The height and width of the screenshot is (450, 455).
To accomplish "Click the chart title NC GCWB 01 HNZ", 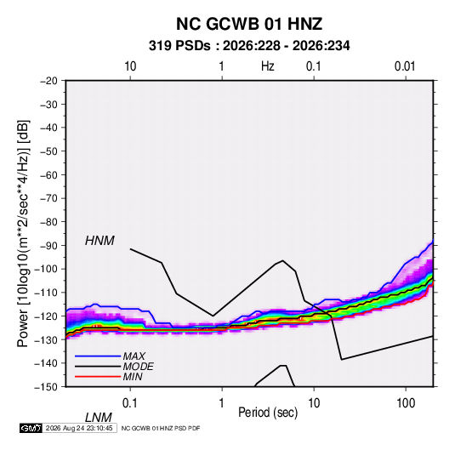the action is [249, 24].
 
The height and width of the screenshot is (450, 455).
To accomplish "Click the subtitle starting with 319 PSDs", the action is [249, 46].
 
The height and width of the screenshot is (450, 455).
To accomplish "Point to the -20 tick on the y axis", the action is [48, 81].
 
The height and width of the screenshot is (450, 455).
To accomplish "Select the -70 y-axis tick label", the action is [48, 198].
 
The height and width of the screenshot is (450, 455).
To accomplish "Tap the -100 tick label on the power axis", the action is [46, 269].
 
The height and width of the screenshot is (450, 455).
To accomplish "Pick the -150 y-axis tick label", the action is [46, 387].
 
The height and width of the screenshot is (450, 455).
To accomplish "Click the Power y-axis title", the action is [23, 234].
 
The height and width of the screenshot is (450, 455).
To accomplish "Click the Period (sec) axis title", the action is [268, 413].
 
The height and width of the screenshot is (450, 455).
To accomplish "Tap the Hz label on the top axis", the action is [268, 66].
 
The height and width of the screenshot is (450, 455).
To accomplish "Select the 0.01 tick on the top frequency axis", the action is [405, 66].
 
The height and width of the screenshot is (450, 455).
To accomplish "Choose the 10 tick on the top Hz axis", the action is [130, 66].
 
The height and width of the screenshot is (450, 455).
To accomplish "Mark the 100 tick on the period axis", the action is [406, 403].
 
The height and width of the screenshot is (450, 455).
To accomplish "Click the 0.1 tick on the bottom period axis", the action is [130, 403].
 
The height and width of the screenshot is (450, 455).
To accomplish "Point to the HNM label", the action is [100, 241].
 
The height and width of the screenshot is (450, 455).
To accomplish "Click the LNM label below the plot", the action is [98, 418].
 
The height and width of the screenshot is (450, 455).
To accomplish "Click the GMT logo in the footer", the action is [31, 428].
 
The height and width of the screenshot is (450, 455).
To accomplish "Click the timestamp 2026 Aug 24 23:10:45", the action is [79, 428].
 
